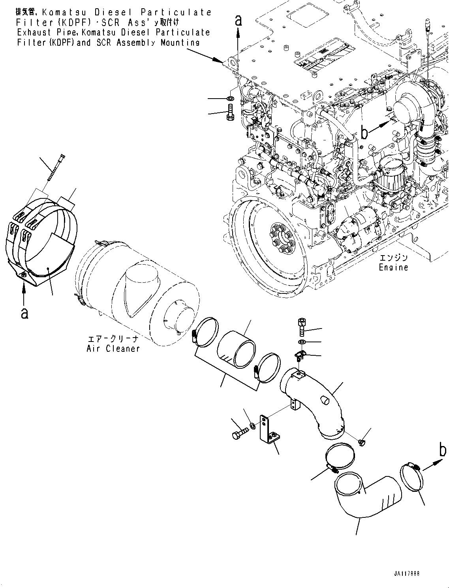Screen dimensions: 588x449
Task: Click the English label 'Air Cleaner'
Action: pyautogui.click(x=113, y=349)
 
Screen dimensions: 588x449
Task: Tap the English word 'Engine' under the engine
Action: pyautogui.click(x=393, y=267)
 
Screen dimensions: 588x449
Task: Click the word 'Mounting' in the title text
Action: pyautogui.click(x=180, y=43)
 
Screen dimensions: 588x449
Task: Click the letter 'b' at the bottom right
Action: pyautogui.click(x=443, y=450)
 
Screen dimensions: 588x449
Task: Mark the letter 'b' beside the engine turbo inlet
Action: pyautogui.click(x=364, y=133)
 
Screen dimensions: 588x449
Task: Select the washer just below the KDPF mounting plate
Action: pyautogui.click(x=231, y=98)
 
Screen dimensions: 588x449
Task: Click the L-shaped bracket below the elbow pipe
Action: pyautogui.click(x=268, y=429)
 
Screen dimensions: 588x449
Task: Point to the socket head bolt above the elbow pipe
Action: pyautogui.click(x=301, y=327)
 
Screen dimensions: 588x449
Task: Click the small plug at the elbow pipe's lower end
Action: pyautogui.click(x=361, y=443)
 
